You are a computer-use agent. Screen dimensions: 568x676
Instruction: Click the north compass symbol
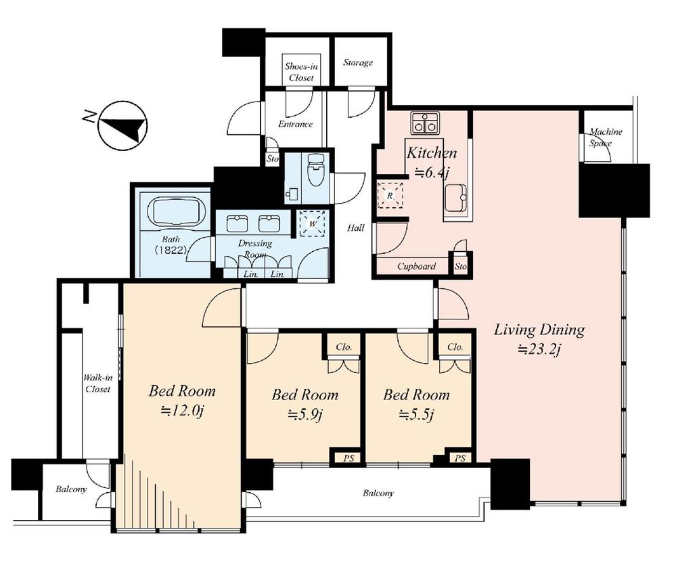[122, 125]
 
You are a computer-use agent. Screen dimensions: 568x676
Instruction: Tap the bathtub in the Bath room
[174, 212]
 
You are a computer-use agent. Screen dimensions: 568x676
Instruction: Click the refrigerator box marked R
[390, 194]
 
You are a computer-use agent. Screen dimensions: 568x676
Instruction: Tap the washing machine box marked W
[313, 222]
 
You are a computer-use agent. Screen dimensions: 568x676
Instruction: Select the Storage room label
[358, 63]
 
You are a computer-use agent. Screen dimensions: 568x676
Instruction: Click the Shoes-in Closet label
[298, 72]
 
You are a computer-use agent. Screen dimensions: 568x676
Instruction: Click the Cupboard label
[416, 266]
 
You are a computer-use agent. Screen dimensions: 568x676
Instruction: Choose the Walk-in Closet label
[97, 384]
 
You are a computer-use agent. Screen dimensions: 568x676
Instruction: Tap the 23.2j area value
[539, 349]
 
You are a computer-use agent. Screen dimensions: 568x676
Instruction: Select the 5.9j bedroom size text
[305, 414]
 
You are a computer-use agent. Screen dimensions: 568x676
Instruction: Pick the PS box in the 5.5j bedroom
[460, 458]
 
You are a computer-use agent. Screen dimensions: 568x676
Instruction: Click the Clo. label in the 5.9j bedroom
[343, 347]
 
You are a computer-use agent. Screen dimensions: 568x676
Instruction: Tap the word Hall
[355, 228]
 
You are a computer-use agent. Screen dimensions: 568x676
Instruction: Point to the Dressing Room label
[255, 248]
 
